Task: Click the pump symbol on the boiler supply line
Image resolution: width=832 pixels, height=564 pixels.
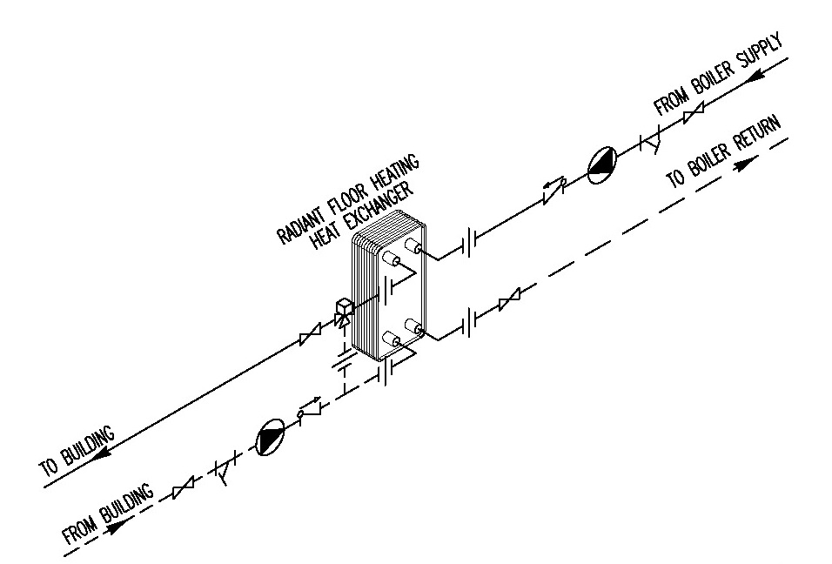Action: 601,164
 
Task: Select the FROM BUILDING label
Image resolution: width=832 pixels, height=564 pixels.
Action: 108,514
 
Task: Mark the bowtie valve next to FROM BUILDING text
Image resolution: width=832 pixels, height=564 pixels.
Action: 184,489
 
